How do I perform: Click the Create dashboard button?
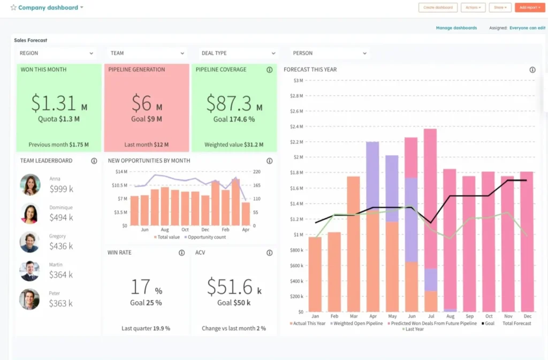(x=438, y=7)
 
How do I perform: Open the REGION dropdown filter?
(x=56, y=53)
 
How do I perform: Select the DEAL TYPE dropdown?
(x=238, y=53)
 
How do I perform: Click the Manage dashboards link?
(x=456, y=28)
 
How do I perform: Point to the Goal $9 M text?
(x=146, y=119)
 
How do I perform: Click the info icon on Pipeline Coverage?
(x=270, y=70)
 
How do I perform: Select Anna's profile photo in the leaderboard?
(x=30, y=185)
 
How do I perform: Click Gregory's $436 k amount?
(x=62, y=246)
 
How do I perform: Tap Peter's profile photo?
(x=30, y=299)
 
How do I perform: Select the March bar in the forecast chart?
(x=353, y=243)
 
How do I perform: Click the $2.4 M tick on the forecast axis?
(x=296, y=127)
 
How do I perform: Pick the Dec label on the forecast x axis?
(x=527, y=316)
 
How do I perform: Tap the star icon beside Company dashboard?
(x=13, y=7)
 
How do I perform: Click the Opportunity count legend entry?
(x=205, y=236)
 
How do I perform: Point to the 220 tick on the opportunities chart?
(x=257, y=172)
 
